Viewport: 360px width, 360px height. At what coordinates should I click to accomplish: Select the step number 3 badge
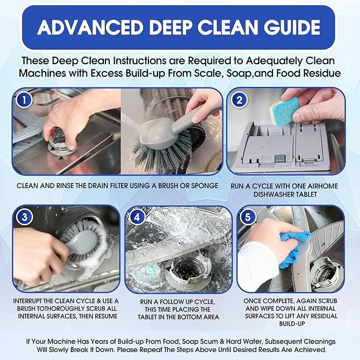click(x=22, y=217)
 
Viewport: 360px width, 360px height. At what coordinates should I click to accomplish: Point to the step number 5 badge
click(x=248, y=217)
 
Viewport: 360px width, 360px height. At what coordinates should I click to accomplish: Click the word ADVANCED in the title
click(x=93, y=28)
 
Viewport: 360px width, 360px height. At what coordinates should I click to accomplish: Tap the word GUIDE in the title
click(x=291, y=28)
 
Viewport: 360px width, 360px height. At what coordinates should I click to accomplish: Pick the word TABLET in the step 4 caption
click(x=153, y=318)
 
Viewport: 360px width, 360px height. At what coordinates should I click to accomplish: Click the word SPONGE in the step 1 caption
click(x=203, y=186)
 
